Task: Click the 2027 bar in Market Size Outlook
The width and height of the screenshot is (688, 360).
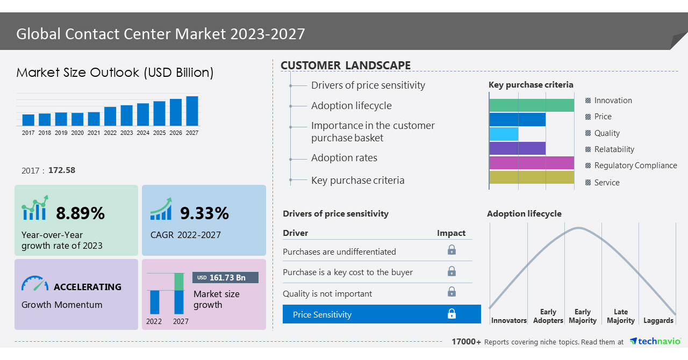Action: (192, 111)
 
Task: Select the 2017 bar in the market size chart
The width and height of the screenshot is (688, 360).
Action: (28, 120)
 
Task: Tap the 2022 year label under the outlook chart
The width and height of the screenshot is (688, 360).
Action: (110, 133)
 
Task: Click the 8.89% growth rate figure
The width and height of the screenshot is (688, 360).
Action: (81, 213)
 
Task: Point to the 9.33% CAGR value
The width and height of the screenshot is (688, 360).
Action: (204, 213)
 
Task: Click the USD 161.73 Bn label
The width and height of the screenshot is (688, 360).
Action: (225, 277)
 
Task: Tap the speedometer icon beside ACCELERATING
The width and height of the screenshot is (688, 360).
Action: (35, 284)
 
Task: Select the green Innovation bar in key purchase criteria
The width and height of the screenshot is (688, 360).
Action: (532, 105)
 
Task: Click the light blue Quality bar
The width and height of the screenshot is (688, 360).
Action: (504, 134)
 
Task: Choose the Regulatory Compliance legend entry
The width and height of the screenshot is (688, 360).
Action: (635, 165)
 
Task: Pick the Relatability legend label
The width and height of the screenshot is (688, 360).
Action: (614, 149)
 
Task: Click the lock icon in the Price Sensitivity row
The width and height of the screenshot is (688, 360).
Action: (451, 314)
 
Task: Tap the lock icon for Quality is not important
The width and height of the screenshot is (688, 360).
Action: (451, 292)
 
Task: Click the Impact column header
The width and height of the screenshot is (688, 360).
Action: (451, 233)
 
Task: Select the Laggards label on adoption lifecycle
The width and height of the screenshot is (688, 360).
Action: (658, 320)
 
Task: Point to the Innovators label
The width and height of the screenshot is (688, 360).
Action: (508, 320)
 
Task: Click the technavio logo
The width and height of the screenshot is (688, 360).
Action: (655, 342)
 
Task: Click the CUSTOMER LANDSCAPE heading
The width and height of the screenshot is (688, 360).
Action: (346, 66)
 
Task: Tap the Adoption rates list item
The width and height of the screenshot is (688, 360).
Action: (344, 158)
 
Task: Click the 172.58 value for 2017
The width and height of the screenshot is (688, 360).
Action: (62, 170)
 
